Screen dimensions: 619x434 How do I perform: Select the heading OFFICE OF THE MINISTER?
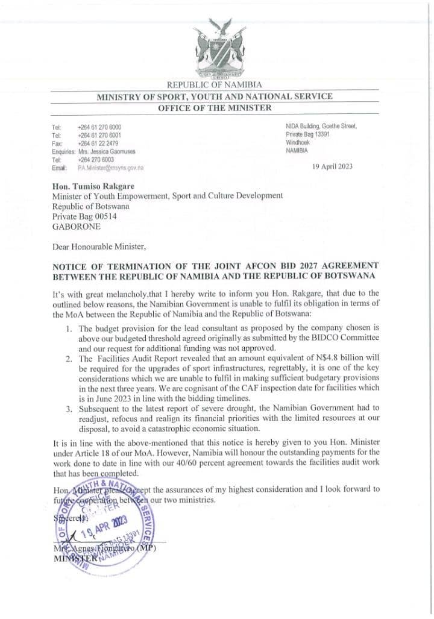(215, 108)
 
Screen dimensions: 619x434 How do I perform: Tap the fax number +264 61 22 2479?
(98, 143)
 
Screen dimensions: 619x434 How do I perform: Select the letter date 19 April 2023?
(332, 166)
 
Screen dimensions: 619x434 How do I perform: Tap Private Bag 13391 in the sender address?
(308, 134)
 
